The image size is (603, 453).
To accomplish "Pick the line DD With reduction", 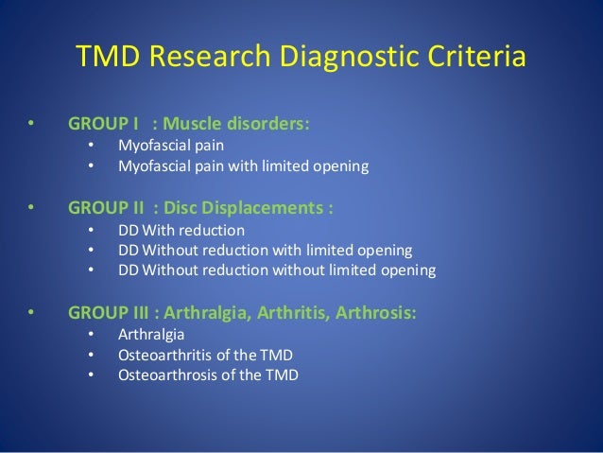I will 181,230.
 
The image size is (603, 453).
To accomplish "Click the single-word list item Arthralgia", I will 151,334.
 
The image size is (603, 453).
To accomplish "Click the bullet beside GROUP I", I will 31,124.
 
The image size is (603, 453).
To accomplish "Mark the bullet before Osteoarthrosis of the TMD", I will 91,375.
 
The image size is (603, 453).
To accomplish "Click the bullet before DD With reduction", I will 91,230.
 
